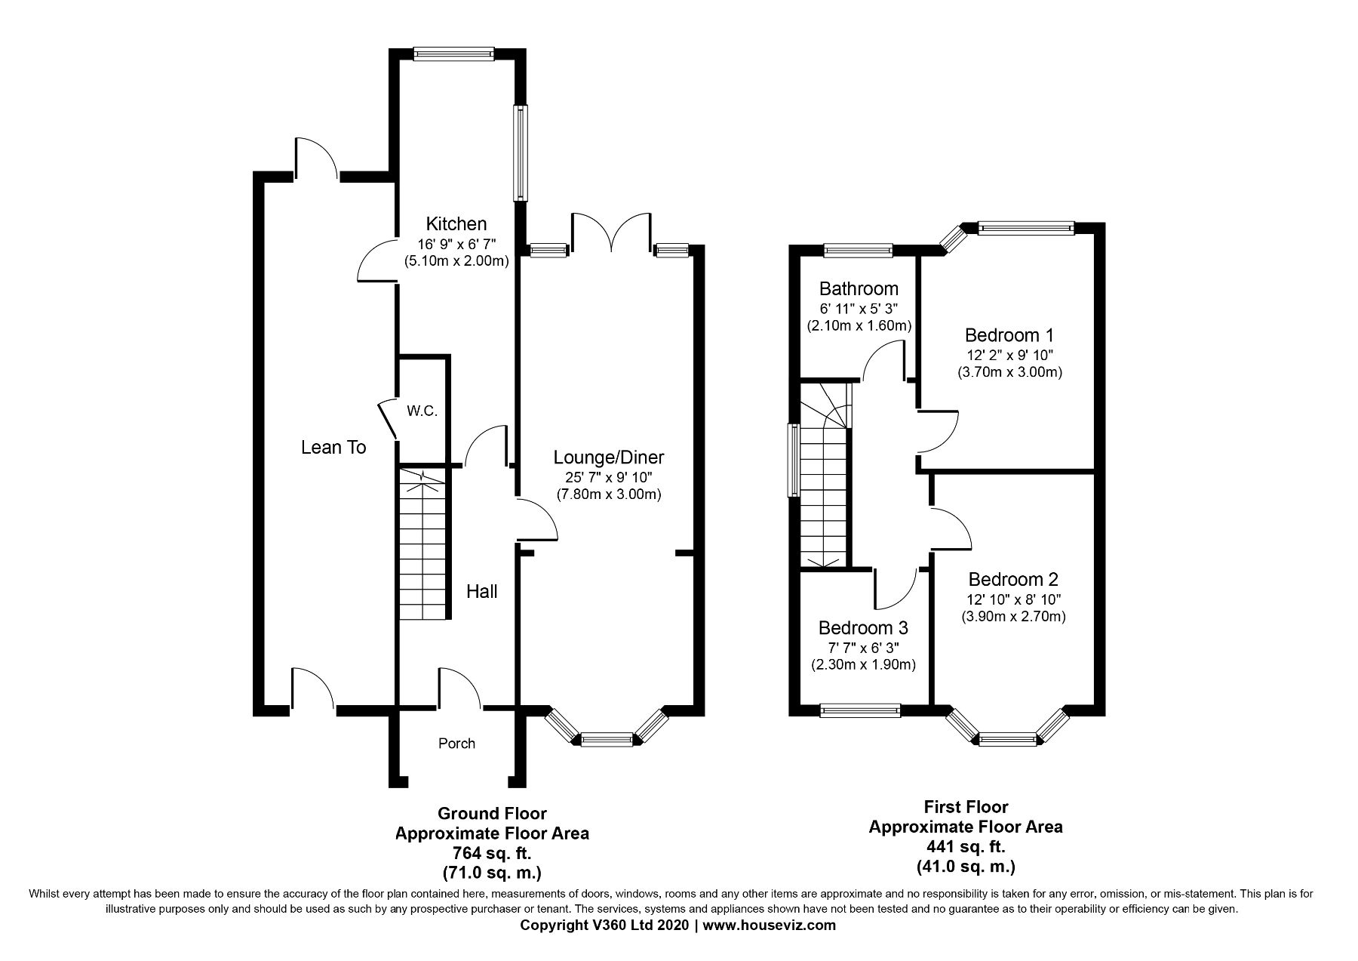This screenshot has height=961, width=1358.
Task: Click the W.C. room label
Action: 422,411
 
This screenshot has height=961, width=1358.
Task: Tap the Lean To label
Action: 333,448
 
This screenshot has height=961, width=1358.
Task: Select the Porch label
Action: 457,744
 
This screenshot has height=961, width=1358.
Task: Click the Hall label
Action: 481,592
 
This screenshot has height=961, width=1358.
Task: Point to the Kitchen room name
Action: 456,223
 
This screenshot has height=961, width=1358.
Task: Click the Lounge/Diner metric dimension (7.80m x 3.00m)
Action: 609,495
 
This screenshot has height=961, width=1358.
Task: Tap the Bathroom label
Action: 859,288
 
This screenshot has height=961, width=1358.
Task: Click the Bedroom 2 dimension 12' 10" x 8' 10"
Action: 1013,599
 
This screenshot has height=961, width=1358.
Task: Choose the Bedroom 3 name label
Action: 863,628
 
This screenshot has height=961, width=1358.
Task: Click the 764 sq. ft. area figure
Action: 492,854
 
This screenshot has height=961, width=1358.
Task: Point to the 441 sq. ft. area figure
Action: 966,846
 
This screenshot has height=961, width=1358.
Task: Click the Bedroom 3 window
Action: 860,710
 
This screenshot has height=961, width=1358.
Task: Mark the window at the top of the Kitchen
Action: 454,54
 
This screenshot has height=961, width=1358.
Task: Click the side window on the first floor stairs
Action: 794,460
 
